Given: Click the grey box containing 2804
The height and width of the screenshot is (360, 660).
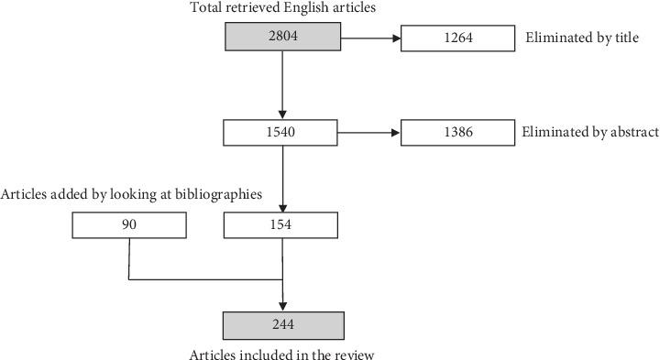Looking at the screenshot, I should [283, 38].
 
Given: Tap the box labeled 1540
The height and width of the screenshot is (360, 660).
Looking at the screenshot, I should [283, 133].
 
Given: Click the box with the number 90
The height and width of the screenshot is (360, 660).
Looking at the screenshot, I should [129, 225].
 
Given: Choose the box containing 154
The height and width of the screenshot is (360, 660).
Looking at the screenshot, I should [283, 225].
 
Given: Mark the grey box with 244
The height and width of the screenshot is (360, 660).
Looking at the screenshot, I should [283, 325].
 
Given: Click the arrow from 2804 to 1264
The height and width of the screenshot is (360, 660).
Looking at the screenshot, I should [371, 38].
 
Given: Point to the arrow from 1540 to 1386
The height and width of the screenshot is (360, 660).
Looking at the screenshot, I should [371, 133].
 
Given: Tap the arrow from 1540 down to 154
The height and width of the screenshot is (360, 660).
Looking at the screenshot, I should [283, 179].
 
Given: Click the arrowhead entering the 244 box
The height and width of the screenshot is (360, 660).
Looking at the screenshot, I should [283, 306].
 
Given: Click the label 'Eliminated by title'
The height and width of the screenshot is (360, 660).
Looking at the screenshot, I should [579, 38].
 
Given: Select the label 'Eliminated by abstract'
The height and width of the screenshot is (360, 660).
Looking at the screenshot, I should [589, 133].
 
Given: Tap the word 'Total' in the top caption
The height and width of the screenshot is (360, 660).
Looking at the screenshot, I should [206, 8].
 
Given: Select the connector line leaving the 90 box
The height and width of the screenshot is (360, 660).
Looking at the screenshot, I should [129, 259].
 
